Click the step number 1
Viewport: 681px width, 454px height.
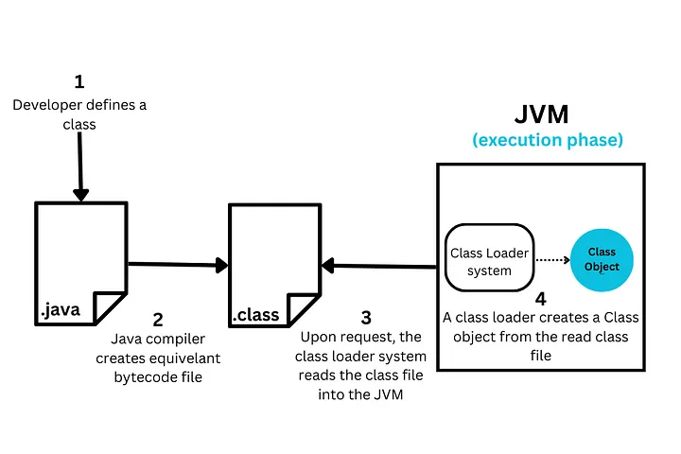click(x=79, y=81)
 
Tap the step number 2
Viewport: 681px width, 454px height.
click(x=158, y=320)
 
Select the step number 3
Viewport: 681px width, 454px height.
click(x=366, y=318)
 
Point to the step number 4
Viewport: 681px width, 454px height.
click(x=541, y=299)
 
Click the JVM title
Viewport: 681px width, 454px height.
click(x=542, y=114)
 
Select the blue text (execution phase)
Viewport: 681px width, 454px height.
click(x=548, y=140)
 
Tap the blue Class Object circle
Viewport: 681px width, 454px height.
click(x=602, y=260)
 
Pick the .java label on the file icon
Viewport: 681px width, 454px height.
click(x=61, y=310)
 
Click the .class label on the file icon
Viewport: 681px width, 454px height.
click(x=255, y=315)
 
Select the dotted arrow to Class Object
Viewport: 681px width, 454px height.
click(x=553, y=260)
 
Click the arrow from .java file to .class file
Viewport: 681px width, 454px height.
click(x=178, y=265)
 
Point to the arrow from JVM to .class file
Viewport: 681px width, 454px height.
click(x=378, y=266)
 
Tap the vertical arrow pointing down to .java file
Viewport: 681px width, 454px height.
click(x=80, y=166)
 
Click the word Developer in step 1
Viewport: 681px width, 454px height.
click(x=47, y=106)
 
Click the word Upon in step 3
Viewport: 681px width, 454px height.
click(x=318, y=338)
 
